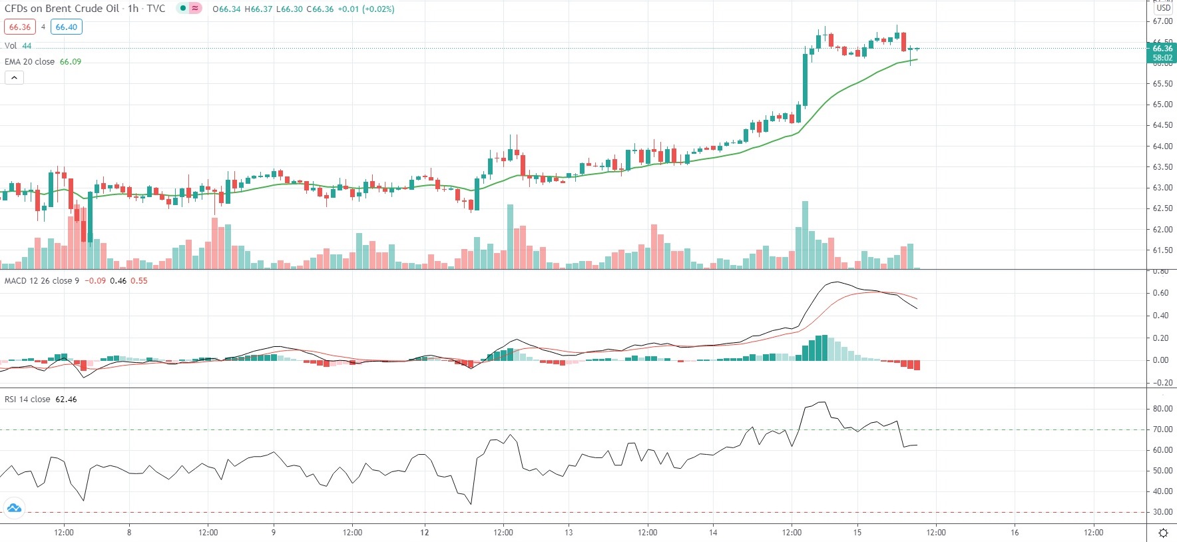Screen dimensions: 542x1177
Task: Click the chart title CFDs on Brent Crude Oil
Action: tap(62, 9)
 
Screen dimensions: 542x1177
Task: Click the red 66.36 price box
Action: tap(20, 27)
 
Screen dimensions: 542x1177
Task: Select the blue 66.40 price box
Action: tap(67, 27)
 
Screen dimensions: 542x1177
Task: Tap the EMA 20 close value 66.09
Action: tap(71, 62)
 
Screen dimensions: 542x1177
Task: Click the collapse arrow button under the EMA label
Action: tap(14, 78)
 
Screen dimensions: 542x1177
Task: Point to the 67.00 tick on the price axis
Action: tap(1162, 21)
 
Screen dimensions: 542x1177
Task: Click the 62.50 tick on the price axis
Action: tap(1162, 208)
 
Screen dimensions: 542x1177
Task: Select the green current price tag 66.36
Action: tap(1162, 49)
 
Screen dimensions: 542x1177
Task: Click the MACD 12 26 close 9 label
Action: tap(41, 281)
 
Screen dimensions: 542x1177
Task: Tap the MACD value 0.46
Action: tap(118, 281)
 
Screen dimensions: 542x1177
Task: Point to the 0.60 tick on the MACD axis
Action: tap(1160, 293)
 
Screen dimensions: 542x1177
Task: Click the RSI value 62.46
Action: tap(66, 400)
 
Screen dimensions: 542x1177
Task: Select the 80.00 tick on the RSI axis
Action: tap(1162, 409)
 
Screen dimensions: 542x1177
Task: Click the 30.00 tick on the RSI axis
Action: tap(1162, 512)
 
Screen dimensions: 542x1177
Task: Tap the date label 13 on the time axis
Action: tap(569, 533)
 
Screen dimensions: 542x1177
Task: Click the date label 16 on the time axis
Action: tap(1015, 533)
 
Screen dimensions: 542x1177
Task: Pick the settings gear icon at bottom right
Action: tap(1163, 533)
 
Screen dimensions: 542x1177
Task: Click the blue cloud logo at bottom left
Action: tap(14, 509)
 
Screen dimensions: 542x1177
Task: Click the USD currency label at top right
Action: tap(1163, 8)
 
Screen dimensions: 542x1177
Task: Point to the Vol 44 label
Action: tap(18, 46)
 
